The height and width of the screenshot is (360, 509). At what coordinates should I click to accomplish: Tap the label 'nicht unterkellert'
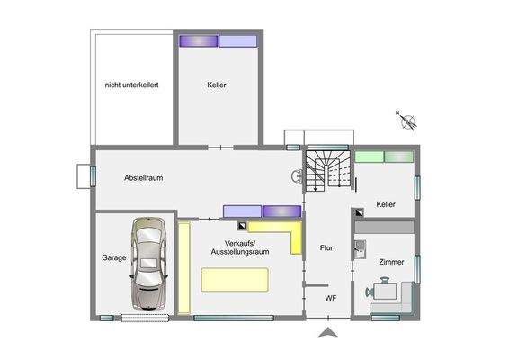pyautogui.click(x=131, y=85)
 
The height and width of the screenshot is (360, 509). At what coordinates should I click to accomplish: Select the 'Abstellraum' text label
pyautogui.click(x=143, y=179)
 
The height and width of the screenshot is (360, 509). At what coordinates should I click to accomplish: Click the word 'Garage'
pyautogui.click(x=113, y=257)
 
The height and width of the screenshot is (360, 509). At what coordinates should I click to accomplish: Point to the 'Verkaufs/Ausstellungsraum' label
pyautogui.click(x=240, y=248)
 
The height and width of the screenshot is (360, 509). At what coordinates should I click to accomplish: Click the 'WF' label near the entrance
pyautogui.click(x=330, y=298)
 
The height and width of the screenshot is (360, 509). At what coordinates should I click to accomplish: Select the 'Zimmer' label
pyautogui.click(x=391, y=262)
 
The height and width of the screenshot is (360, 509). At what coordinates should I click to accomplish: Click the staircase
pyautogui.click(x=326, y=170)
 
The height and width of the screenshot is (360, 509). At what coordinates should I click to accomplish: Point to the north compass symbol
pyautogui.click(x=407, y=117)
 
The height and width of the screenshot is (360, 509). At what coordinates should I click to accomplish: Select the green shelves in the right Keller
pyautogui.click(x=383, y=157)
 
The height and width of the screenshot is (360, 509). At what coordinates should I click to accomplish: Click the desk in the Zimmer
pyautogui.click(x=388, y=290)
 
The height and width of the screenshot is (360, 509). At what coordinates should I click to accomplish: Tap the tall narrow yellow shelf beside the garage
pyautogui.click(x=183, y=267)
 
